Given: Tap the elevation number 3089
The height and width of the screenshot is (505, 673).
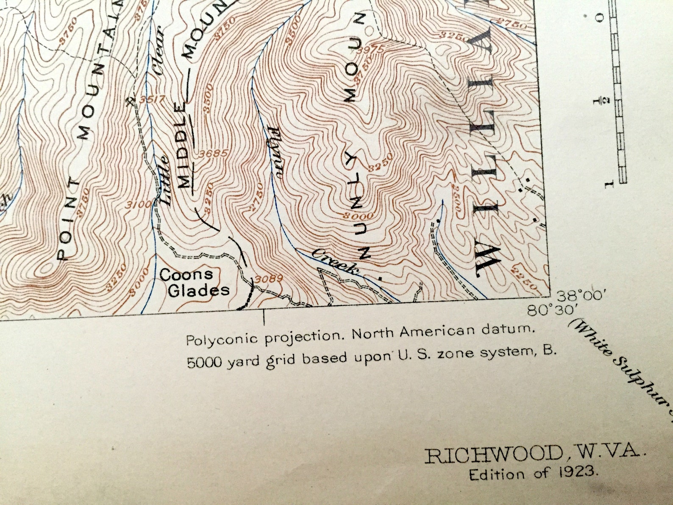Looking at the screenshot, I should click(269, 279).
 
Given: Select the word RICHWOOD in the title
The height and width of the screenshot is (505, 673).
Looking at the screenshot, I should click(493, 455).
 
